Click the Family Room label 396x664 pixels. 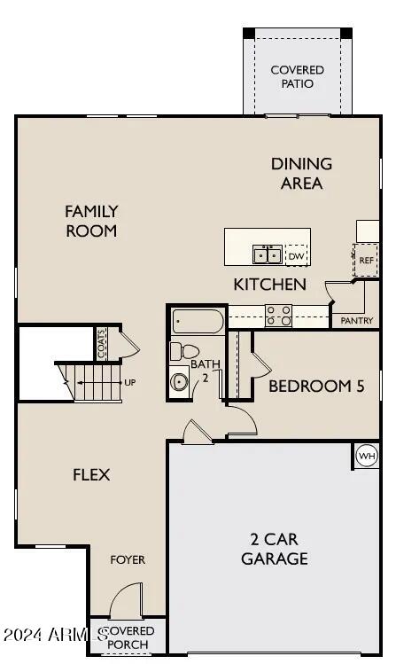point(91,221)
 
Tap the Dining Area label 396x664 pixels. point(301,173)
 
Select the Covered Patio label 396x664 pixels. point(297,76)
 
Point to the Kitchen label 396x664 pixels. point(270,285)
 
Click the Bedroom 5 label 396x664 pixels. point(316,386)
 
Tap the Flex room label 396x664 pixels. point(91,474)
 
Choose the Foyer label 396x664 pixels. point(128,559)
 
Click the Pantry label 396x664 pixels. point(357,321)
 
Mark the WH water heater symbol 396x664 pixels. point(366,457)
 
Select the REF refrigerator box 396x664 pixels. point(367,261)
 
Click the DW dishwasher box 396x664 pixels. point(296,256)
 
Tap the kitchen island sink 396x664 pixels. point(268,255)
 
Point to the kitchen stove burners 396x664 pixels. point(279,315)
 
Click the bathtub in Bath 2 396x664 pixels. point(198,320)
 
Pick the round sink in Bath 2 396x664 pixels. point(181,382)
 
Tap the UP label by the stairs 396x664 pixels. point(130,383)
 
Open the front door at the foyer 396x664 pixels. point(126,603)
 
